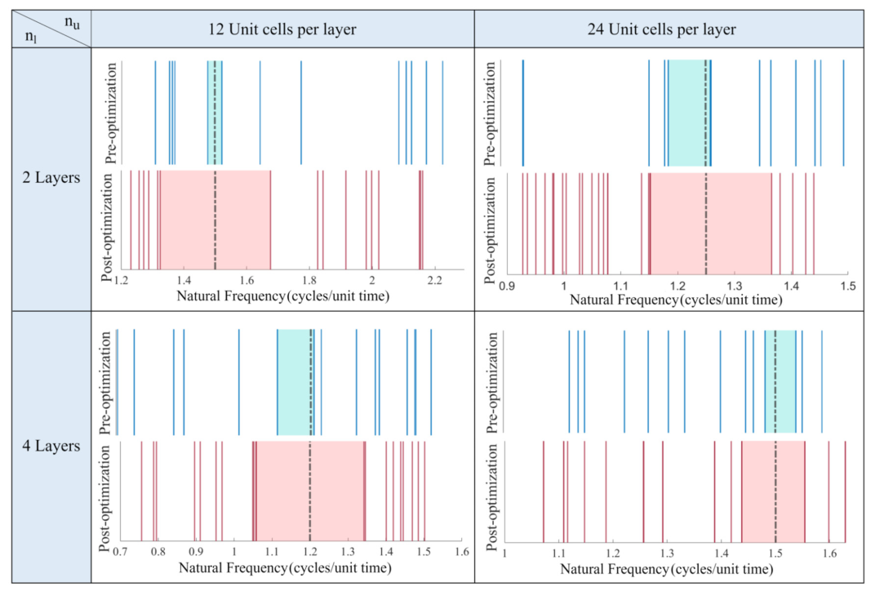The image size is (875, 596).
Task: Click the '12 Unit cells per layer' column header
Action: click(282, 30)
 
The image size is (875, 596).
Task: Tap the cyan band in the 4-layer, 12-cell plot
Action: click(295, 382)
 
